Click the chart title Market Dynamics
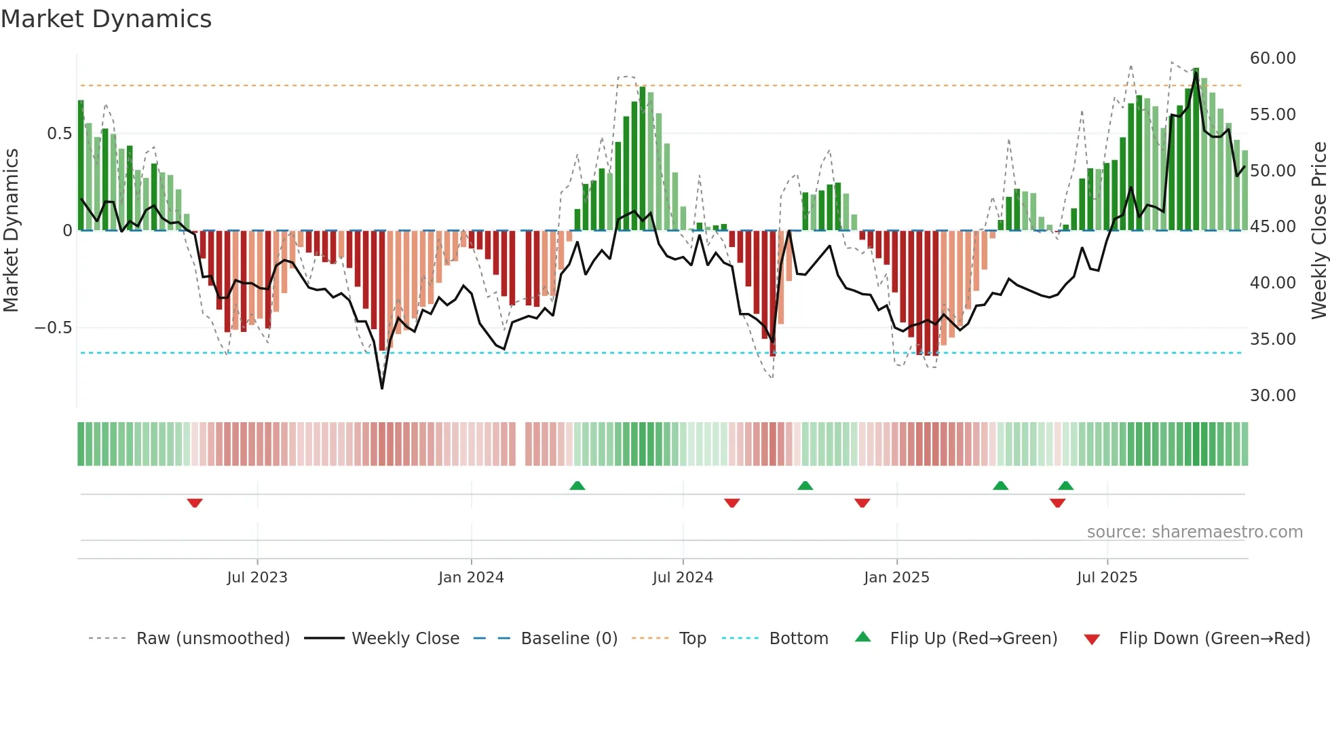pyautogui.click(x=107, y=19)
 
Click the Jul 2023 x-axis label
pyautogui.click(x=257, y=578)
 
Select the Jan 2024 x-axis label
pyautogui.click(x=471, y=578)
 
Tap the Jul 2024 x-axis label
pyautogui.click(x=683, y=578)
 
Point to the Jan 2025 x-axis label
pyautogui.click(x=896, y=578)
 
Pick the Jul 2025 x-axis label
pyautogui.click(x=1107, y=578)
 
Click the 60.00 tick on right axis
pyautogui.click(x=1272, y=58)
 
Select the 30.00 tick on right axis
pyautogui.click(x=1272, y=396)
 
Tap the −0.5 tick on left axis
pyautogui.click(x=53, y=328)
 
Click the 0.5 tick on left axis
pyautogui.click(x=59, y=134)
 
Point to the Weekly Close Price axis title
pyautogui.click(x=1318, y=231)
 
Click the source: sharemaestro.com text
pyautogui.click(x=1194, y=532)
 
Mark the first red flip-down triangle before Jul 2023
pyautogui.click(x=195, y=503)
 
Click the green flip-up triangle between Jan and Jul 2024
pyautogui.click(x=577, y=485)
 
